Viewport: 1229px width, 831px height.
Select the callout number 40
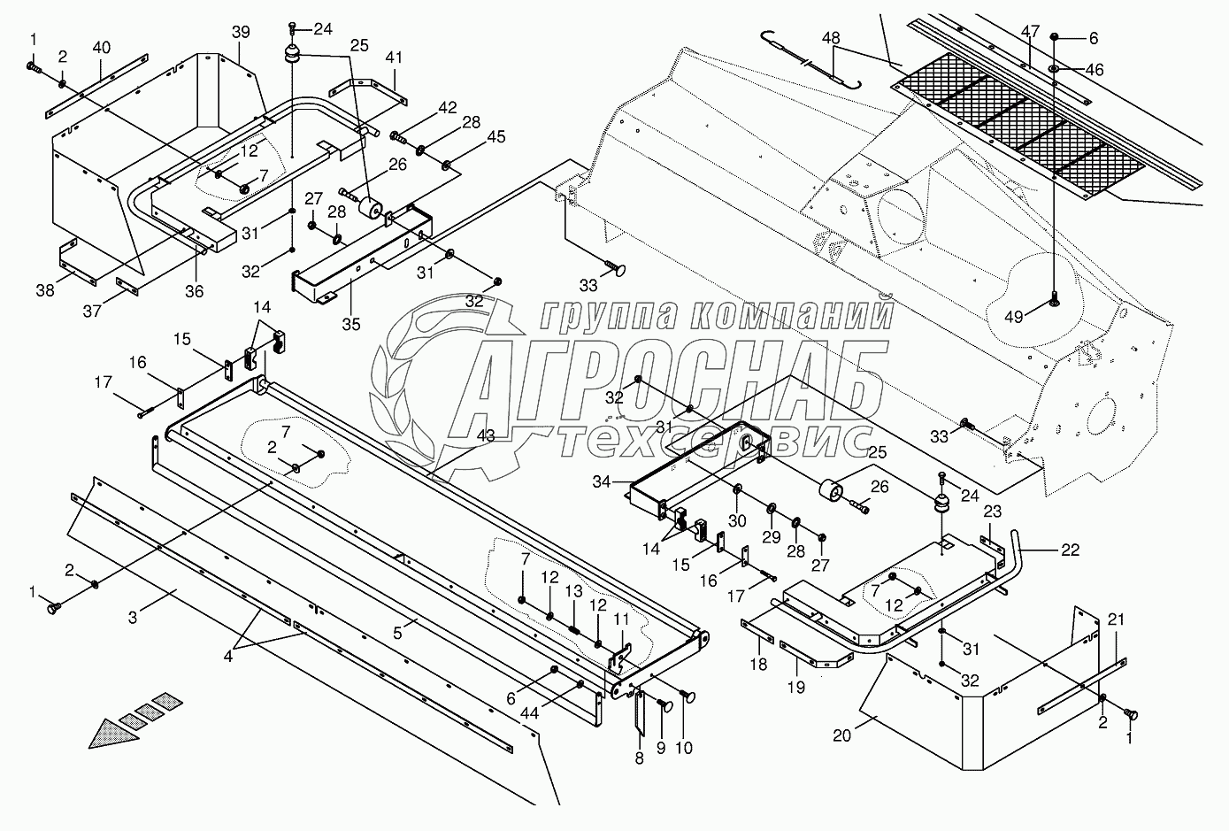102,46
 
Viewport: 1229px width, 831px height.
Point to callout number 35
351,323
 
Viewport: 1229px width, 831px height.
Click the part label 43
486,435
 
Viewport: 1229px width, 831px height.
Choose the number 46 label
1094,70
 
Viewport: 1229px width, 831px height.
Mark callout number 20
841,735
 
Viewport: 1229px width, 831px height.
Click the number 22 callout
1070,550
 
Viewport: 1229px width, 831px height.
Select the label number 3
133,618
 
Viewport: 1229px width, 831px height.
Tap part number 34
602,481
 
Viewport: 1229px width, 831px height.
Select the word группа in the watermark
603,315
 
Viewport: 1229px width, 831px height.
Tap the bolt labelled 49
1055,300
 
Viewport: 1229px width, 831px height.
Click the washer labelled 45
446,163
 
